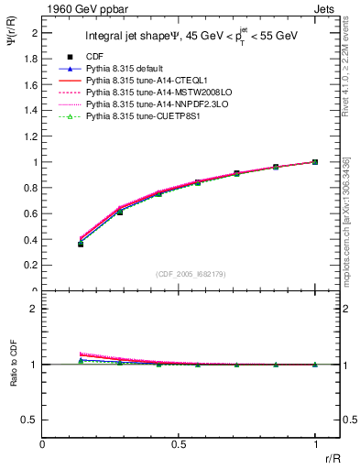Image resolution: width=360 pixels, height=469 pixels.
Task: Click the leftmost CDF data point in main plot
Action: point(81,245)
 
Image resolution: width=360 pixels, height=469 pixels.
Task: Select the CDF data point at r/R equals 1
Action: point(315,162)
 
